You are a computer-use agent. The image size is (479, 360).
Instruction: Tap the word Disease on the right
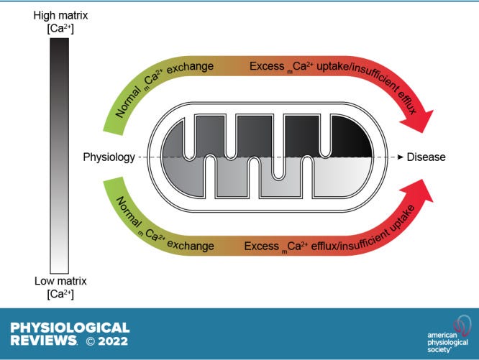[x=426, y=157]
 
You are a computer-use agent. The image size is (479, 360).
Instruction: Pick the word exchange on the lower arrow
[x=191, y=245]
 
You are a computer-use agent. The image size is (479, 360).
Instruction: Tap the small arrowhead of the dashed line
[x=398, y=157]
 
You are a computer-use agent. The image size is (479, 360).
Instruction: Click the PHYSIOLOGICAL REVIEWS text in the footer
[x=70, y=332]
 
